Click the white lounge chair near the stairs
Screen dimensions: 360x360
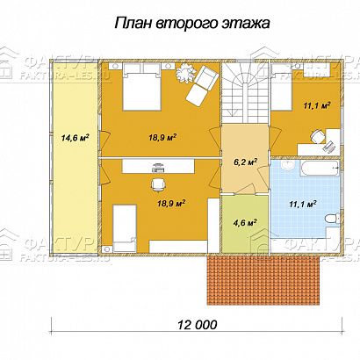(x=202, y=82)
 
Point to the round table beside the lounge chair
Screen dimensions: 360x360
(x=184, y=75)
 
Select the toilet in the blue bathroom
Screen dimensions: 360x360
(x=326, y=216)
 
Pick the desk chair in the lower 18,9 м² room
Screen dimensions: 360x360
(x=159, y=183)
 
